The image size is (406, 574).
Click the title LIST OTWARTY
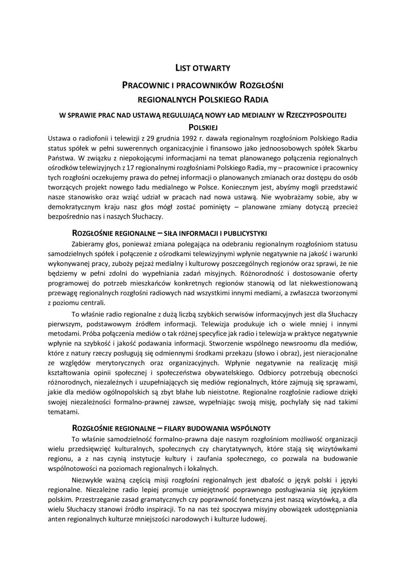coord(199,68)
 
